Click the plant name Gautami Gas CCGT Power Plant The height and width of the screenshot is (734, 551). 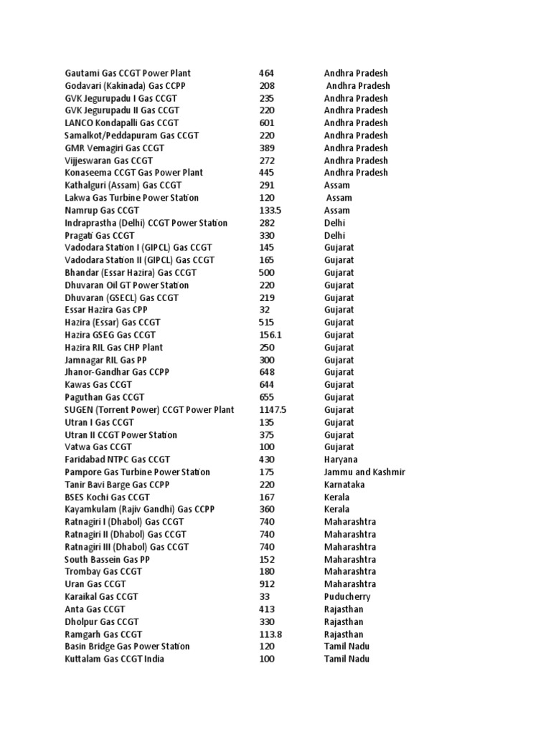pos(128,73)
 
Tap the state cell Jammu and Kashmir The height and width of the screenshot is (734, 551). pos(364,472)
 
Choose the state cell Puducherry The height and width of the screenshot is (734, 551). pos(347,596)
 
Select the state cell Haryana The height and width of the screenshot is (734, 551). pos(341,459)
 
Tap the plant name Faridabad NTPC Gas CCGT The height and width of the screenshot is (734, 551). pos(118,459)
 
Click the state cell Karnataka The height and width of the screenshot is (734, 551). pos(344,485)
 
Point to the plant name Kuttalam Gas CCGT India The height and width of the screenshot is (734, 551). pos(114,659)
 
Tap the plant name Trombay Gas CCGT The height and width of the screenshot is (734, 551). pos(103,571)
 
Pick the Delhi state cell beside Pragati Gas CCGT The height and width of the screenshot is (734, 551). pos(334,235)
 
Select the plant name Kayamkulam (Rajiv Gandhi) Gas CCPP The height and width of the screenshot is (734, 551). pos(140,510)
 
